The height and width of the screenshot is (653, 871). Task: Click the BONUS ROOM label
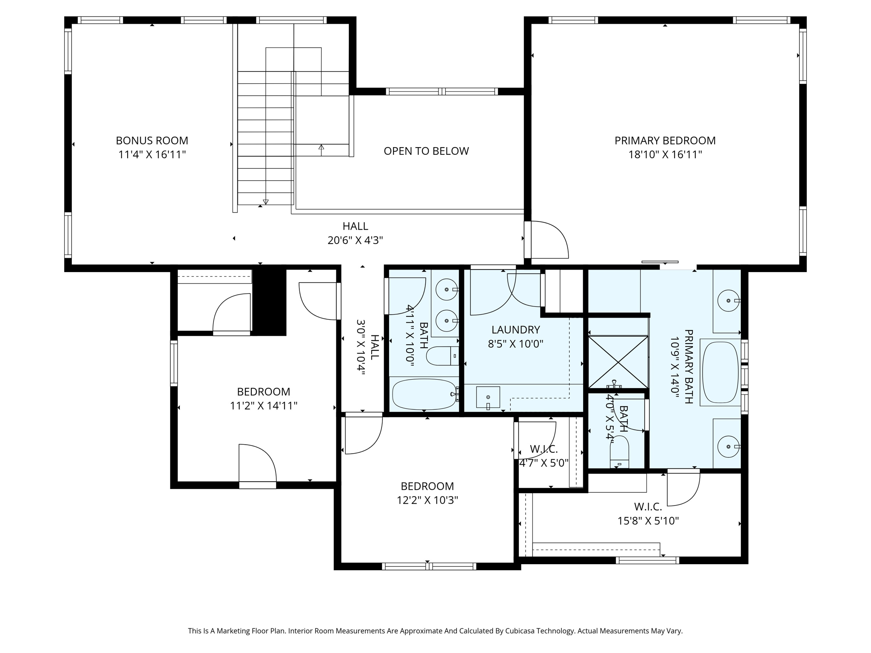pyautogui.click(x=152, y=141)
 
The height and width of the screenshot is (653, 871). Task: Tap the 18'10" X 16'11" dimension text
pyautogui.click(x=665, y=155)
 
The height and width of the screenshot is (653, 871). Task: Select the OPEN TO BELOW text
pyautogui.click(x=426, y=151)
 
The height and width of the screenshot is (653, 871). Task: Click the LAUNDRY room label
pyautogui.click(x=515, y=330)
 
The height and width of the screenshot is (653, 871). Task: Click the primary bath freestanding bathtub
pyautogui.click(x=720, y=372)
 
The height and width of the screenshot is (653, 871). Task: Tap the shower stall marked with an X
pyautogui.click(x=618, y=362)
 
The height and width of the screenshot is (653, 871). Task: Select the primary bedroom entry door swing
pyautogui.click(x=549, y=240)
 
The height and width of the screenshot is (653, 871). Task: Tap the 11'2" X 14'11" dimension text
pyautogui.click(x=263, y=406)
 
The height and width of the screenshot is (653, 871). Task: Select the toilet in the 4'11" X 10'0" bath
pyautogui.click(x=442, y=356)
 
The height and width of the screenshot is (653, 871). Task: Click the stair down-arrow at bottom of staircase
pyautogui.click(x=266, y=202)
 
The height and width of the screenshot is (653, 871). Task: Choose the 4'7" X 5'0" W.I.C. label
pyautogui.click(x=544, y=456)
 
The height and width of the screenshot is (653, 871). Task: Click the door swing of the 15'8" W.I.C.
pyautogui.click(x=683, y=489)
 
